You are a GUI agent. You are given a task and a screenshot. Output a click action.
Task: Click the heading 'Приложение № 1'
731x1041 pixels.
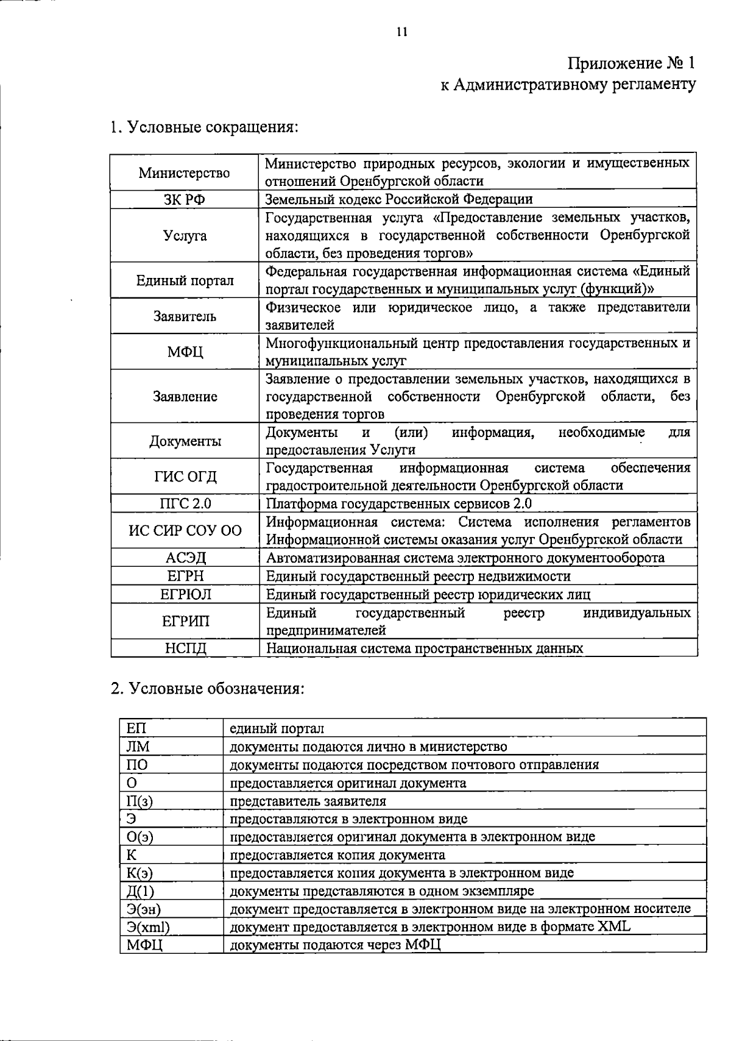pos(630,63)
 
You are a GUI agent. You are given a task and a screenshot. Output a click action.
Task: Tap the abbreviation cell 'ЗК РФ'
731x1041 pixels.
pos(184,199)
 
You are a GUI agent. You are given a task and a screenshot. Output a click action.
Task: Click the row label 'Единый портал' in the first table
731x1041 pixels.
pos(185,280)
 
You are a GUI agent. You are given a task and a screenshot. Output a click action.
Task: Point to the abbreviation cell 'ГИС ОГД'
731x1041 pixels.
pos(185,477)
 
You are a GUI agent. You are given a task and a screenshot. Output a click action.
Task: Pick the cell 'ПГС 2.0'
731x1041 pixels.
pos(185,503)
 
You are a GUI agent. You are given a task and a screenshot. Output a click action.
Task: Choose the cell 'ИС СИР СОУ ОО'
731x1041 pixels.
pos(185,530)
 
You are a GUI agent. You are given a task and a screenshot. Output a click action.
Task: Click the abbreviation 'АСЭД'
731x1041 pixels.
pos(185,558)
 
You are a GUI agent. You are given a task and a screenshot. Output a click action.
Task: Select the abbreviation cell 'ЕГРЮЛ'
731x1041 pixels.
pos(185,594)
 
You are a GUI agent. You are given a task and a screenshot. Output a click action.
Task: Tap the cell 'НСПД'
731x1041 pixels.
pos(185,648)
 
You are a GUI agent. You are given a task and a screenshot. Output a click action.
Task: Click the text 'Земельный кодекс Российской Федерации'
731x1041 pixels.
pos(399,199)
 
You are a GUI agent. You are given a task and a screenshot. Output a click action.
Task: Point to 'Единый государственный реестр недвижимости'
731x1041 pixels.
pos(418,576)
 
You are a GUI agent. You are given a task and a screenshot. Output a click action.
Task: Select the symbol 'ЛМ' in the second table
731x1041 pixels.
pos(138,747)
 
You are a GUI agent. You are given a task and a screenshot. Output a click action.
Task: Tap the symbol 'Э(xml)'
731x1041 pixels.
pos(147,927)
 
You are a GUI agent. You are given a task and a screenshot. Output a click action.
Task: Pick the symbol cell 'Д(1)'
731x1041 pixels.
pos(141,891)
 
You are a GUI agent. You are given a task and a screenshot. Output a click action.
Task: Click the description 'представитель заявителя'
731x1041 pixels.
pos(308,801)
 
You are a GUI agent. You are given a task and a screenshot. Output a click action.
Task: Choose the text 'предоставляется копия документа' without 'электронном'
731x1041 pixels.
pos(337,855)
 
